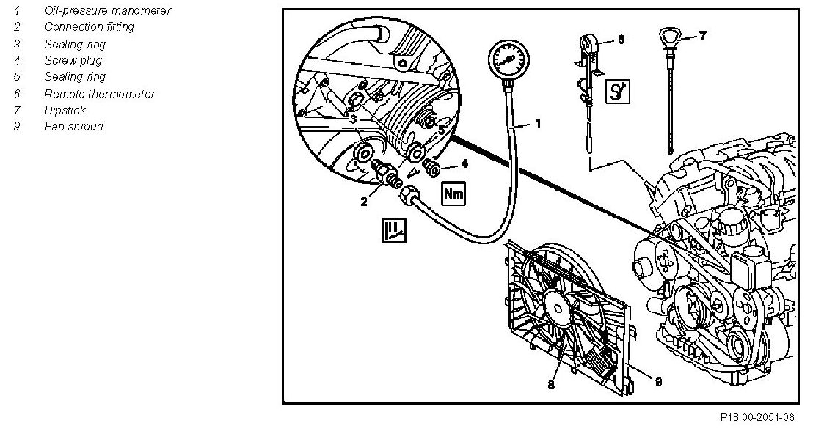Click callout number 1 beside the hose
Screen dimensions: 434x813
coord(538,125)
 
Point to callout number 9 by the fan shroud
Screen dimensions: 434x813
coord(657,380)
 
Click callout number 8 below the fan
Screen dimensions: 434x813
coord(551,384)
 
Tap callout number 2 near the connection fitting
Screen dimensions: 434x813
coord(363,202)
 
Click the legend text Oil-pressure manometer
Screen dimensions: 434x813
coord(107,10)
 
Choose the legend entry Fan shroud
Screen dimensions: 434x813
coord(73,126)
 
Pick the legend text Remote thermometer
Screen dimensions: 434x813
coord(100,94)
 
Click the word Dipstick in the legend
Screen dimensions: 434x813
coord(65,110)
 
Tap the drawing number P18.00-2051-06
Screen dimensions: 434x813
coord(757,417)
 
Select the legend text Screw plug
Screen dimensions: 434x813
coord(73,60)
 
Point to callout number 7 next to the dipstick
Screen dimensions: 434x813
coord(702,35)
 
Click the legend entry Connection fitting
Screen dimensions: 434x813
coord(89,26)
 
